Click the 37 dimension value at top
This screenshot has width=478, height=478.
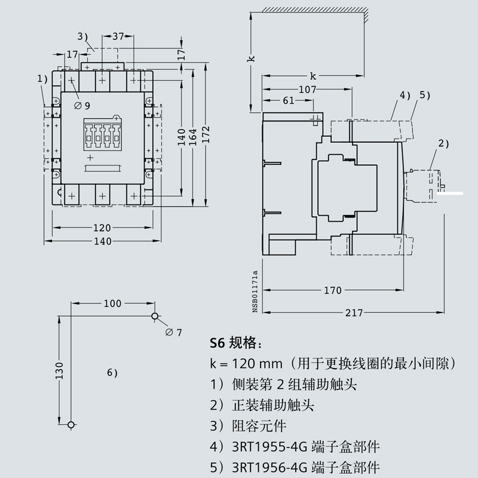(x=118, y=36)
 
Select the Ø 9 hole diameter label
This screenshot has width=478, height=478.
(x=82, y=106)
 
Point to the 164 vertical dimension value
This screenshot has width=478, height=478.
(x=193, y=137)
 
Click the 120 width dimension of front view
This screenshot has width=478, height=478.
(x=102, y=228)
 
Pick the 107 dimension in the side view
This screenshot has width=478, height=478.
(x=307, y=89)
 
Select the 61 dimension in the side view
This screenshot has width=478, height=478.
(x=289, y=100)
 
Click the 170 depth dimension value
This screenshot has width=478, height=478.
(x=333, y=290)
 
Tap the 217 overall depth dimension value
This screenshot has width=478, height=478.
(x=354, y=312)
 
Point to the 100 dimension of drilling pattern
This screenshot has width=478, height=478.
(x=112, y=304)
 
